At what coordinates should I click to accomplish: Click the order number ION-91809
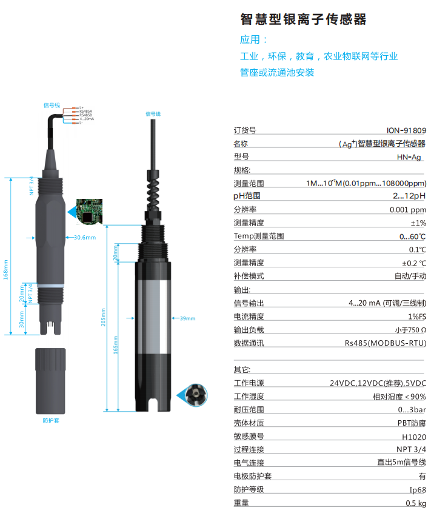point(406,130)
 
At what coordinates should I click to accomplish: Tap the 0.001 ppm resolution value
point(407,209)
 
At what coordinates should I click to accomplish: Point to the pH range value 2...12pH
point(409,196)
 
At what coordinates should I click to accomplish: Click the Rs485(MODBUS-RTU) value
point(385,343)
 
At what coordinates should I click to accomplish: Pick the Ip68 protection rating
point(416,489)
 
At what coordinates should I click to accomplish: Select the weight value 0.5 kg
point(415,503)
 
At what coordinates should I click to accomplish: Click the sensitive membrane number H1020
point(413,437)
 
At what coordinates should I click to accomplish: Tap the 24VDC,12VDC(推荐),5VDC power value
point(378,383)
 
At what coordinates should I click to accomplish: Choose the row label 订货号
point(245,130)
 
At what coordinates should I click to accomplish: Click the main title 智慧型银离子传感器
point(303,20)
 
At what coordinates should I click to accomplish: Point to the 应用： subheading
point(254,40)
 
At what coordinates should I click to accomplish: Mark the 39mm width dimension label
point(187,318)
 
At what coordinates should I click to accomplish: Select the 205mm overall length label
point(104,318)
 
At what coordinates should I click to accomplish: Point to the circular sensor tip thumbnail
point(197,395)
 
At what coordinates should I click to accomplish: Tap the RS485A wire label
point(85,112)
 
